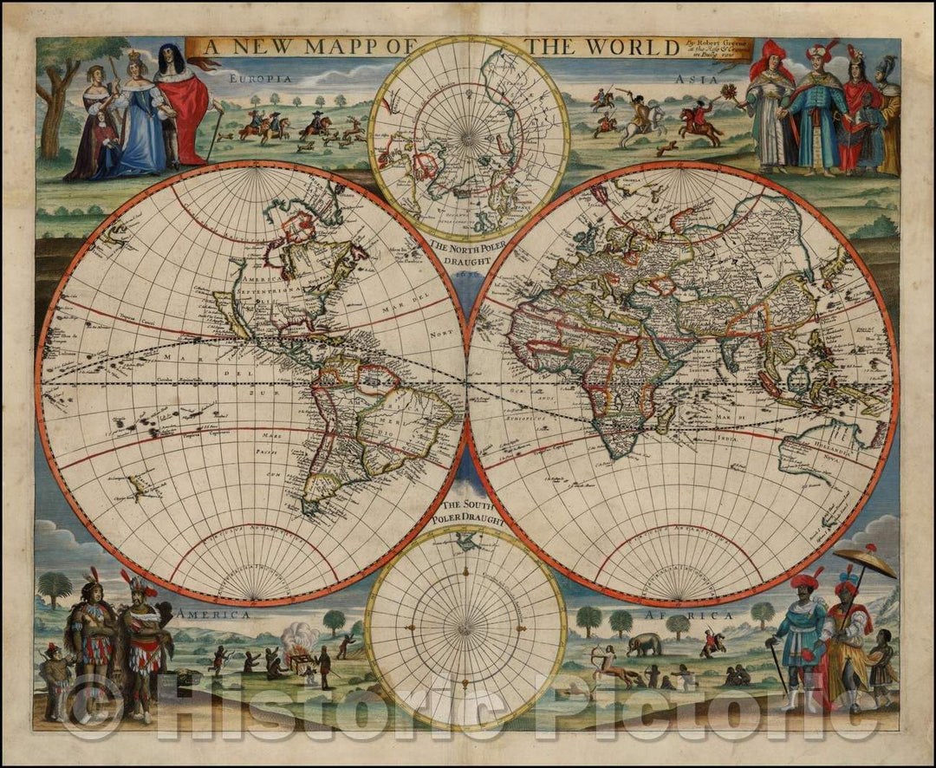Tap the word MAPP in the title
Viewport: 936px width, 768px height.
pyautogui.click(x=324, y=47)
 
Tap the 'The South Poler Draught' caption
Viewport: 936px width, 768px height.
pyautogui.click(x=466, y=511)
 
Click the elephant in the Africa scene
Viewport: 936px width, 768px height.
pyautogui.click(x=644, y=643)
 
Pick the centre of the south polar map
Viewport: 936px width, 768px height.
pyautogui.click(x=466, y=624)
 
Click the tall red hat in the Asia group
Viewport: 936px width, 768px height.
pyautogui.click(x=770, y=59)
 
